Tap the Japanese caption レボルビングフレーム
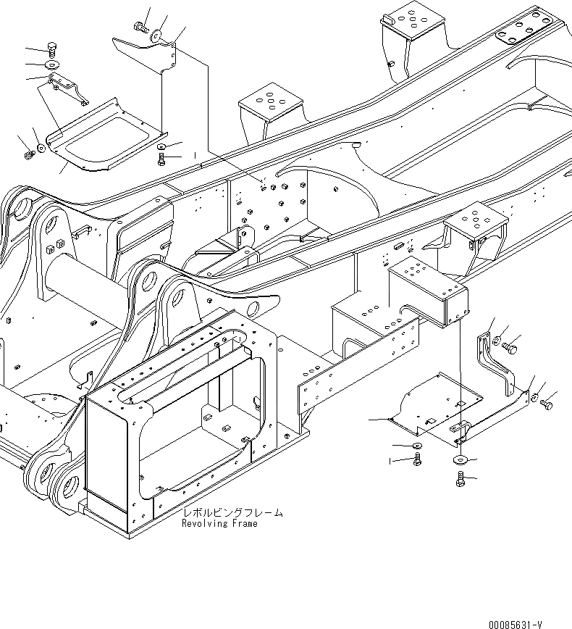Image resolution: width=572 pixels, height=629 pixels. (232, 513)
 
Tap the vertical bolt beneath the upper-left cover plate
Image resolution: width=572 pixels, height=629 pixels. (160, 159)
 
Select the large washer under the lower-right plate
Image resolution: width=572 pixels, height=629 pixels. (460, 459)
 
